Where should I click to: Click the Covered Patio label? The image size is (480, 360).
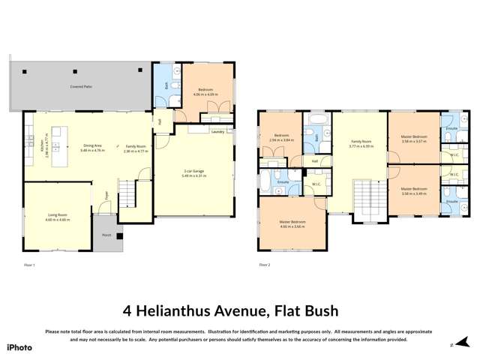coord(82,87)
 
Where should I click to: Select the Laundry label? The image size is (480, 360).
coord(218,131)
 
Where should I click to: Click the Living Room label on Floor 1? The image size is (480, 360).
coord(58,217)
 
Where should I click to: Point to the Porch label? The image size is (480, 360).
coord(107,235)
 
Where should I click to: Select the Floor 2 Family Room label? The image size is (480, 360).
coord(361,142)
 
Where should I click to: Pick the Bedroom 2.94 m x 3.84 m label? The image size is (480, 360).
coord(282,138)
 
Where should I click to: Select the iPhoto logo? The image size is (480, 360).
coord(19,347)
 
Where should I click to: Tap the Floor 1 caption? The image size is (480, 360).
coord(29,265)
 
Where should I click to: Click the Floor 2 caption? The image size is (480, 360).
coord(264,265)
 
